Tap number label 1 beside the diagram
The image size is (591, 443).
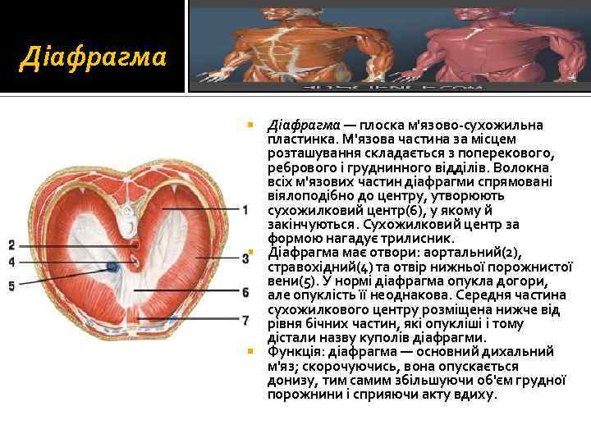245,210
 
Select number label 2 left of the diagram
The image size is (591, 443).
11,245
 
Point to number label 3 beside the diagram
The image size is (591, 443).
245,258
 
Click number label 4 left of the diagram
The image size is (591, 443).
11,262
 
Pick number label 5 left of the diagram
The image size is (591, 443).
11,285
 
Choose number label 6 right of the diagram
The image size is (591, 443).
245,292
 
